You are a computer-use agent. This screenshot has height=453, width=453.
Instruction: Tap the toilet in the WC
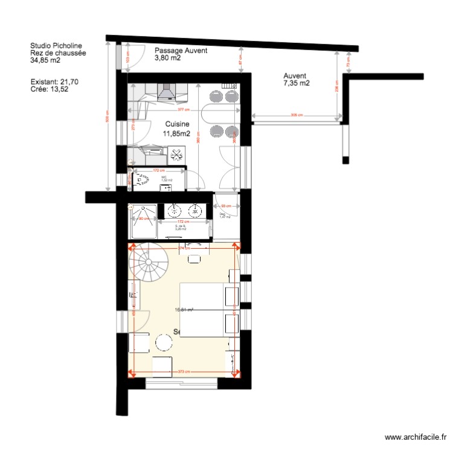[x=142, y=179]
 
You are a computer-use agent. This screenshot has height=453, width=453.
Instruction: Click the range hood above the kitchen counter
[x=165, y=92]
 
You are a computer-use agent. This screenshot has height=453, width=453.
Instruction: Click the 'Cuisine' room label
[x=178, y=124]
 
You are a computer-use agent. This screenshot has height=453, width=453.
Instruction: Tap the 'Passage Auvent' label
[x=181, y=51]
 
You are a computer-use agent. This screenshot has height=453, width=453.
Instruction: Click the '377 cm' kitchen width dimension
[x=184, y=110]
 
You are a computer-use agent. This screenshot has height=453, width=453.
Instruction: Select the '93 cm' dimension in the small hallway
[x=226, y=207]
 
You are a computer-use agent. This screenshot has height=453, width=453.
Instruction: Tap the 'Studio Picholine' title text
[x=56, y=45]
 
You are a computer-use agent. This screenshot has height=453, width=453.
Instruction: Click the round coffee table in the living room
[x=164, y=343]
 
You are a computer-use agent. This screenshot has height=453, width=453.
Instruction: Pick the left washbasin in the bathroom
[x=175, y=211]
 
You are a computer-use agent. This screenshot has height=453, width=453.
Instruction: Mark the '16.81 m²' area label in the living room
[x=184, y=310]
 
